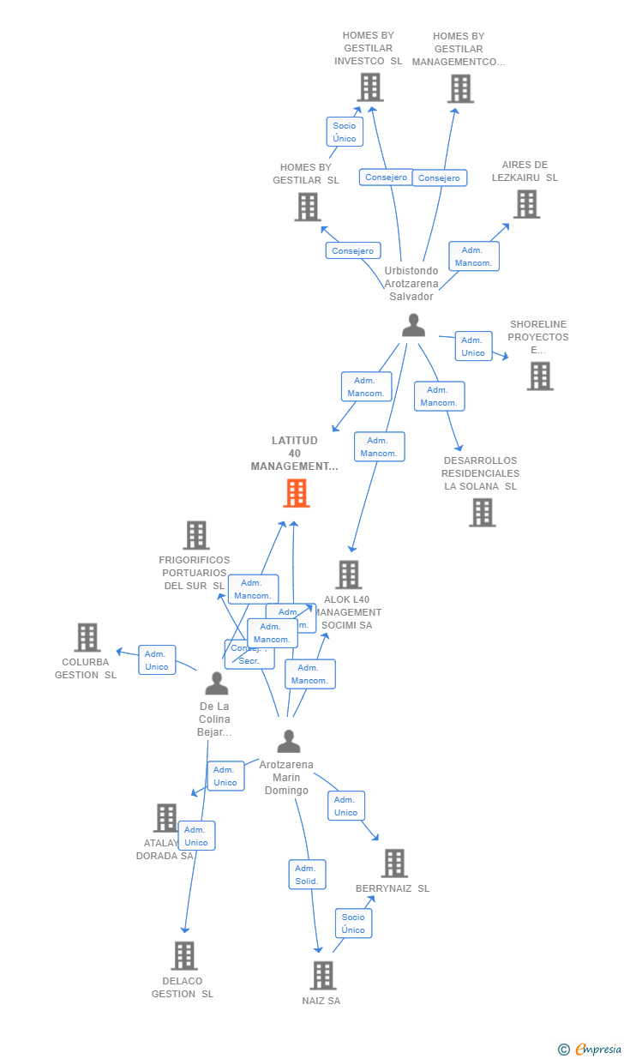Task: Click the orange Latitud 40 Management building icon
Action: [x=296, y=493]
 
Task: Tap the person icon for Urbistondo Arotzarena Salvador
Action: [x=413, y=325]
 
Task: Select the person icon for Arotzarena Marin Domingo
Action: [x=289, y=741]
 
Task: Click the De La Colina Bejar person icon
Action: [x=217, y=683]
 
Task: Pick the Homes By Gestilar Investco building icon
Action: [x=369, y=87]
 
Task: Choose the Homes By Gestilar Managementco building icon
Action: [x=460, y=88]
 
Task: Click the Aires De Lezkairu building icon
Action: [x=526, y=204]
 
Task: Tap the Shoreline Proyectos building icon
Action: [x=539, y=376]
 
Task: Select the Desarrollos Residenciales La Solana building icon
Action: [x=482, y=512]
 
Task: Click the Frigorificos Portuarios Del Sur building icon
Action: [x=196, y=535]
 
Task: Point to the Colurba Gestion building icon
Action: [x=87, y=637]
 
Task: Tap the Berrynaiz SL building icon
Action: [x=394, y=863]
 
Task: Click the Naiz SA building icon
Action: [x=322, y=975]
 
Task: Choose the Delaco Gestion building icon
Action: [x=184, y=955]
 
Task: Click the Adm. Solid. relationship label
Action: [x=307, y=875]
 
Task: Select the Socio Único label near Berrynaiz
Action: [x=353, y=924]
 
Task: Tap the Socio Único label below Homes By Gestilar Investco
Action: [x=345, y=132]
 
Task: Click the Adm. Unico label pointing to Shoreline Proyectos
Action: [x=473, y=346]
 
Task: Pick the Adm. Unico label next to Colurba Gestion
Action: [x=157, y=660]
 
